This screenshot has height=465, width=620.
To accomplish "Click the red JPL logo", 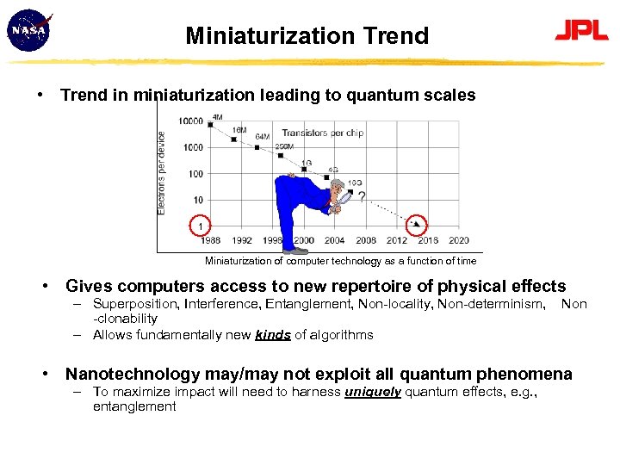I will tap(581, 31).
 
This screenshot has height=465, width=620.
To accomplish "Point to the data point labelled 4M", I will tap(210, 125).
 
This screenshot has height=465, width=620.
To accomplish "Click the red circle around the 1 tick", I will tap(199, 226).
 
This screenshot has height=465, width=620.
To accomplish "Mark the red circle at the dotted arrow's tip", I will tap(418, 225).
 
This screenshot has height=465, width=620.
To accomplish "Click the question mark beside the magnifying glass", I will tap(361, 197).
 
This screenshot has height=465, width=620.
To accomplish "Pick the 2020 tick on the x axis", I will tap(459, 240).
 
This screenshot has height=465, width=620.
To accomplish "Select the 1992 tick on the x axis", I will tap(242, 240).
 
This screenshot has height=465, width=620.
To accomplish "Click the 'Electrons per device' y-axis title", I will tap(162, 172).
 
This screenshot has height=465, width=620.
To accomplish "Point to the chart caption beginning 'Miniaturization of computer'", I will tap(340, 261).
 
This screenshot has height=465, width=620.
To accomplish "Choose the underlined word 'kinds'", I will tap(273, 335).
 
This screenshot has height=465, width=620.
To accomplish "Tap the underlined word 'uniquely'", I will tap(372, 391).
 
